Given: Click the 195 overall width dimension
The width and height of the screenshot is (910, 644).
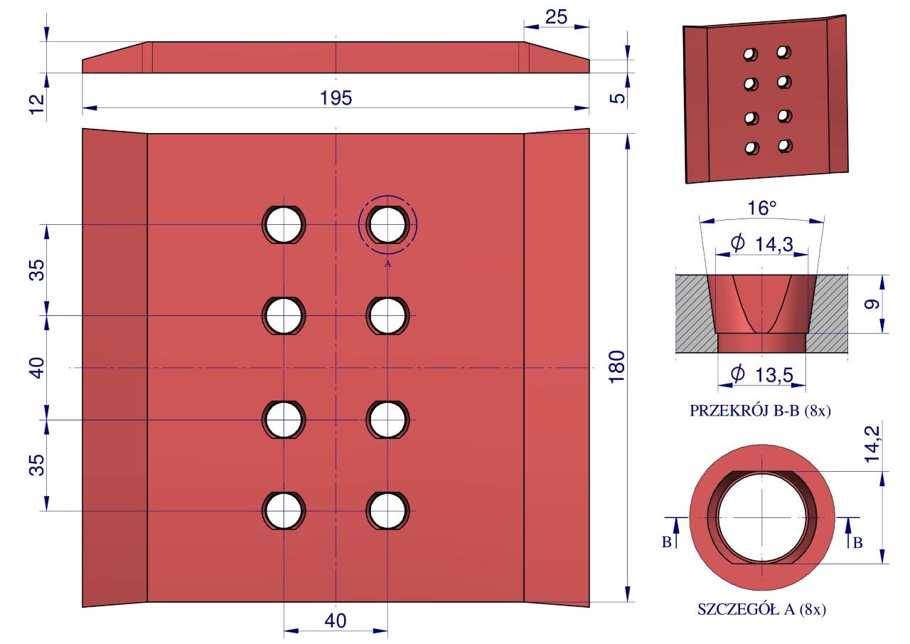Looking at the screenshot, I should click(336, 98).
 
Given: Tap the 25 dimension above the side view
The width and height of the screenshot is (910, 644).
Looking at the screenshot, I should click(557, 17).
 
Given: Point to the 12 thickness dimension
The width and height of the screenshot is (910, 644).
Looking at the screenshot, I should click(37, 100).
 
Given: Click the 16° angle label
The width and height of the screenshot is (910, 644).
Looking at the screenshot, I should click(762, 208).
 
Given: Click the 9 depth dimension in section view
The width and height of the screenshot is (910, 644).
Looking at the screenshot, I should click(874, 304).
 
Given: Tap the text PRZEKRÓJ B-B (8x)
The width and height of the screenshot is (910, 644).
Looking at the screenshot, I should click(761, 411).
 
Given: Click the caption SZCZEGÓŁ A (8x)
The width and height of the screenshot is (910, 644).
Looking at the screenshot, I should click(762, 609).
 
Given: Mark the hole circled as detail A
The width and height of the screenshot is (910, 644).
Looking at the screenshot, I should click(387, 224).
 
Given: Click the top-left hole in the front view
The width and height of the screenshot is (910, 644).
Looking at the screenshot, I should click(284, 224).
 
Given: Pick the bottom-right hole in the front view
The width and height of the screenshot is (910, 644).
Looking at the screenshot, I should click(387, 511).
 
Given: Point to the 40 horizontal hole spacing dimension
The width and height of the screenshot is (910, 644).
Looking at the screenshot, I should click(336, 621).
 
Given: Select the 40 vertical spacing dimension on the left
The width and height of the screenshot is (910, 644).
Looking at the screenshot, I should click(37, 367).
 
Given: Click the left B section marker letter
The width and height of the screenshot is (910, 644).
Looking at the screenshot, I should click(667, 543).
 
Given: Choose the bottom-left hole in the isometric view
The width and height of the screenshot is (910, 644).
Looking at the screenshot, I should click(751, 148).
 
